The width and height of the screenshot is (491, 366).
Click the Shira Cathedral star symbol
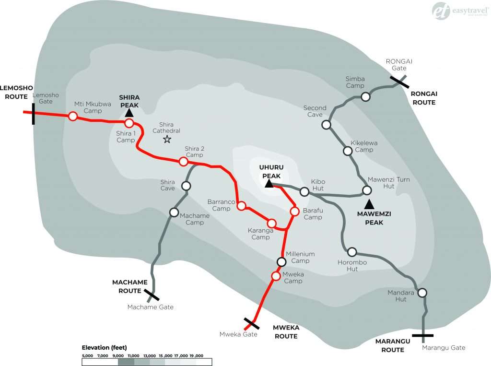pos(167,140)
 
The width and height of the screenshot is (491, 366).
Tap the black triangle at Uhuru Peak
pos(269,184)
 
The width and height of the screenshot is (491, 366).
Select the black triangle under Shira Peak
pos(129,113)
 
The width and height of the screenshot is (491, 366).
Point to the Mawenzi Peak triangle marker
pos(369,205)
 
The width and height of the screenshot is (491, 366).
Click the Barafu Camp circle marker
pos(295,211)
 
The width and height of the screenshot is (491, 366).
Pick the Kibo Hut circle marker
pos(304,192)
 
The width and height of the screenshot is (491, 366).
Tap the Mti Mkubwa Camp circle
pos(73,116)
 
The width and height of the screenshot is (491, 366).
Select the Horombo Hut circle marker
pos(352,252)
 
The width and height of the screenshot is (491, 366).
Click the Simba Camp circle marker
pos(365,97)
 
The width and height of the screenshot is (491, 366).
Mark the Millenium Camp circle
pos(281,262)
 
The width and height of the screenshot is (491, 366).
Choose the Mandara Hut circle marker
pos(422,293)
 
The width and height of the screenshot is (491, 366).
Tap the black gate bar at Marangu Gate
pos(422,335)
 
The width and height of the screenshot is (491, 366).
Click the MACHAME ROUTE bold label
pos(127,286)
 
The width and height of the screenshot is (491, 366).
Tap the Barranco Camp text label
pos(219,205)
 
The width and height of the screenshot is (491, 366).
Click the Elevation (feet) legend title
pos(104,347)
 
